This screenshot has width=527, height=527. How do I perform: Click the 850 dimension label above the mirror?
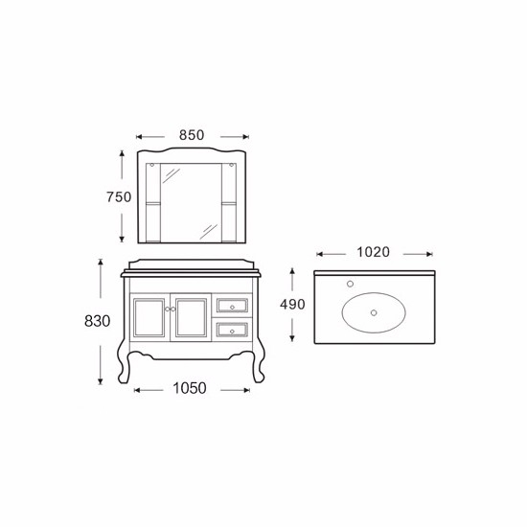(192, 135)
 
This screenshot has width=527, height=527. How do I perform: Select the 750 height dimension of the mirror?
(119, 197)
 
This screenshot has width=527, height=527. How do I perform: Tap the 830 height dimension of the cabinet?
(97, 321)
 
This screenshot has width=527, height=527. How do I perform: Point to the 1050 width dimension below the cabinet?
(190, 388)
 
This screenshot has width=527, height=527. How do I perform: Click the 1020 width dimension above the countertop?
(373, 252)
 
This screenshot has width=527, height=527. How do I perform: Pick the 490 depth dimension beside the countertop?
(292, 305)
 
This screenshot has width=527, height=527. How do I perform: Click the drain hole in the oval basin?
(374, 313)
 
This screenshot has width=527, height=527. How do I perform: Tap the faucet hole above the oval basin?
(350, 284)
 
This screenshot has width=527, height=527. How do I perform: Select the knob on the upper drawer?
(232, 308)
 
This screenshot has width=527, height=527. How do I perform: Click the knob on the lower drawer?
(232, 332)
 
